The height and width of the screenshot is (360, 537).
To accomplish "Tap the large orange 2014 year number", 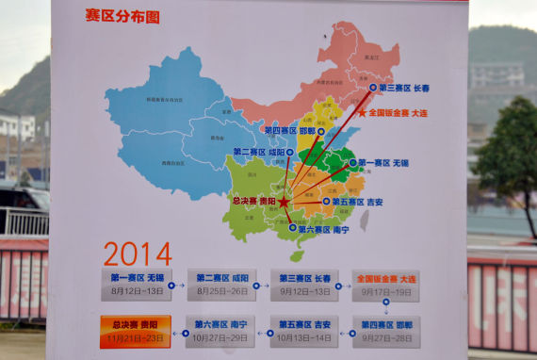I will point(138,254).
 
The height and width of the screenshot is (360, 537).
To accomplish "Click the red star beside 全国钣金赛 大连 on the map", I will point(363,112).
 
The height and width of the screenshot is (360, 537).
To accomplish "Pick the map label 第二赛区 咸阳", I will point(259,152).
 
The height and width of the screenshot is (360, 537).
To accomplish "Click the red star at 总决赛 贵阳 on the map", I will point(284,202).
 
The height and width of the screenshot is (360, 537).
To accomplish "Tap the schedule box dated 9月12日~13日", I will point(304,285).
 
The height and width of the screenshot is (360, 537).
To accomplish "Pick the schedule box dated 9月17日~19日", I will point(386,285).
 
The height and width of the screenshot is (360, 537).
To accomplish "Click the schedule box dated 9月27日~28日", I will point(386,331).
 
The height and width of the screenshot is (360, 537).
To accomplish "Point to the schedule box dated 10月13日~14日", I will point(304,331).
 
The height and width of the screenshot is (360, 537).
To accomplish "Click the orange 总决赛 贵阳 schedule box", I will point(136,331).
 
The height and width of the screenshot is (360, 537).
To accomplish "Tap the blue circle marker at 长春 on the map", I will point(373,88).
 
